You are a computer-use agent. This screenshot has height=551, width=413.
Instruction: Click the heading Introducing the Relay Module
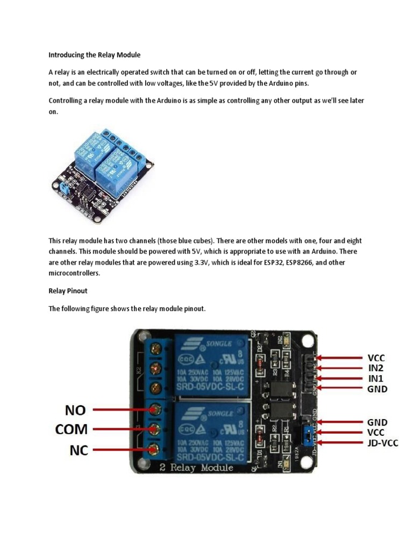tap(94, 54)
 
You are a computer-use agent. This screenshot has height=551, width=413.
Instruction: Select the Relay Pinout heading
tap(68, 291)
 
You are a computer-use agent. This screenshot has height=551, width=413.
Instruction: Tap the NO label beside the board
tap(75, 410)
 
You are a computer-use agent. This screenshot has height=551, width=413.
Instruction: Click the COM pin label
tap(71, 429)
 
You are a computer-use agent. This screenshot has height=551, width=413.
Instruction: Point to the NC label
tap(79, 450)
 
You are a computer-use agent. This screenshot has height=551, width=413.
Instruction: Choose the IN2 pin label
tap(376, 368)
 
